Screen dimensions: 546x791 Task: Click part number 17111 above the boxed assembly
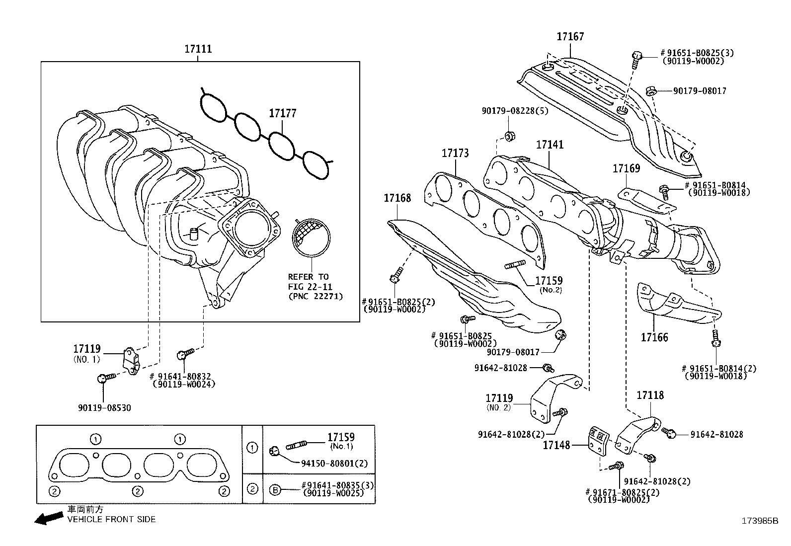coord(198,49)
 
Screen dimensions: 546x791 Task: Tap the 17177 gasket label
coord(282,113)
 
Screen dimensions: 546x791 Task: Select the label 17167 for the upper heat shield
coord(570,36)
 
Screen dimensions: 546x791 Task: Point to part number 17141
coord(550,145)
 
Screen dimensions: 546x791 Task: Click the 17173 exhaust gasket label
coord(455,154)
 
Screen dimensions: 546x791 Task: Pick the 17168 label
coord(397,198)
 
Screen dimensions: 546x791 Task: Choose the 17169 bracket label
coord(626,168)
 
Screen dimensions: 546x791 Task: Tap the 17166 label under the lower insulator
coord(654,338)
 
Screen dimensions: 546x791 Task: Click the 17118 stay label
coord(650,395)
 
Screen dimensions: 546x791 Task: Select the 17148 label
coord(556,446)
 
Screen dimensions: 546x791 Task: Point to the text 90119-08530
coord(104,408)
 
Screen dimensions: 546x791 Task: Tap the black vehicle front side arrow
coord(48,519)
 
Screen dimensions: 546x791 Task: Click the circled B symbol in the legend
coord(275,489)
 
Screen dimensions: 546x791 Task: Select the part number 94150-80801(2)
coord(334,464)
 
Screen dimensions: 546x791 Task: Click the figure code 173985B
coord(760,521)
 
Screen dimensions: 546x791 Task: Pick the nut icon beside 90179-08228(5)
coord(509,136)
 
